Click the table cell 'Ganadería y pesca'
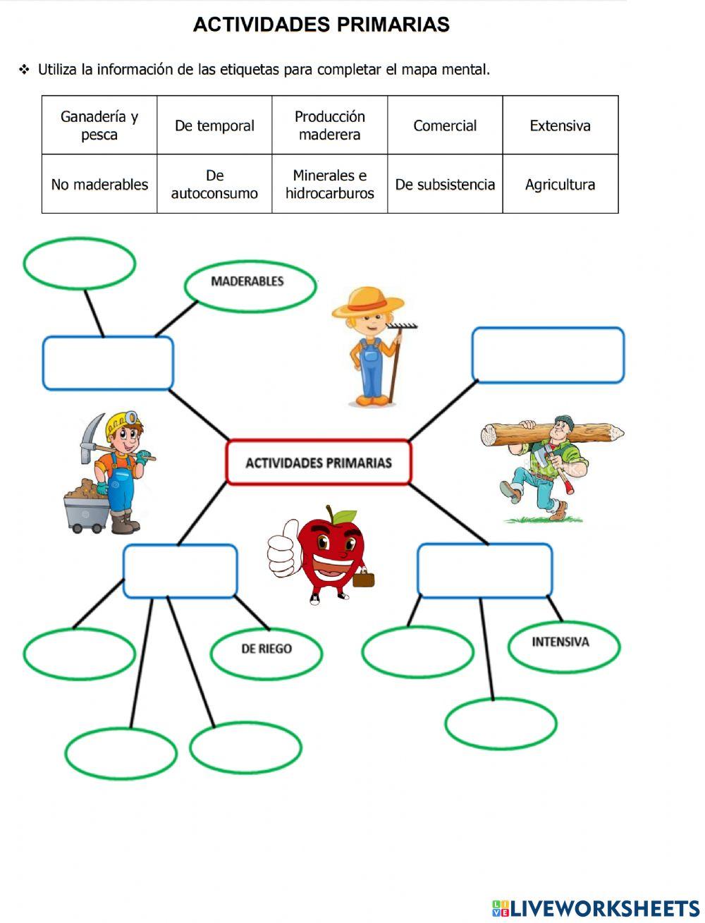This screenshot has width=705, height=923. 99,126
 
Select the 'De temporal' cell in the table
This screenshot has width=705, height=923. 214,126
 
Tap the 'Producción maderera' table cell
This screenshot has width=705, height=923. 329,126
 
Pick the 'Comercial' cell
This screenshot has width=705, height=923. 445,126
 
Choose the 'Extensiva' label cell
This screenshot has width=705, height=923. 560,126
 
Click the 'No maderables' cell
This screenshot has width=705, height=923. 99,184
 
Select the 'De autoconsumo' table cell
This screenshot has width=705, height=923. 214,184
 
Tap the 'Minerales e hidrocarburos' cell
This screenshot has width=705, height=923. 329,184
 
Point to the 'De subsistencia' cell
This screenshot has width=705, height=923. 445,184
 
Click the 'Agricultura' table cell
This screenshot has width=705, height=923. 560,184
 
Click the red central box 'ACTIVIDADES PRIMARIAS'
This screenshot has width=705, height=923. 319,463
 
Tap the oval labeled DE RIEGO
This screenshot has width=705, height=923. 266,652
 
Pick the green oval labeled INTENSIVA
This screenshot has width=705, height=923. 563,645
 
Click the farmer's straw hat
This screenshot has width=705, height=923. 368,302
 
